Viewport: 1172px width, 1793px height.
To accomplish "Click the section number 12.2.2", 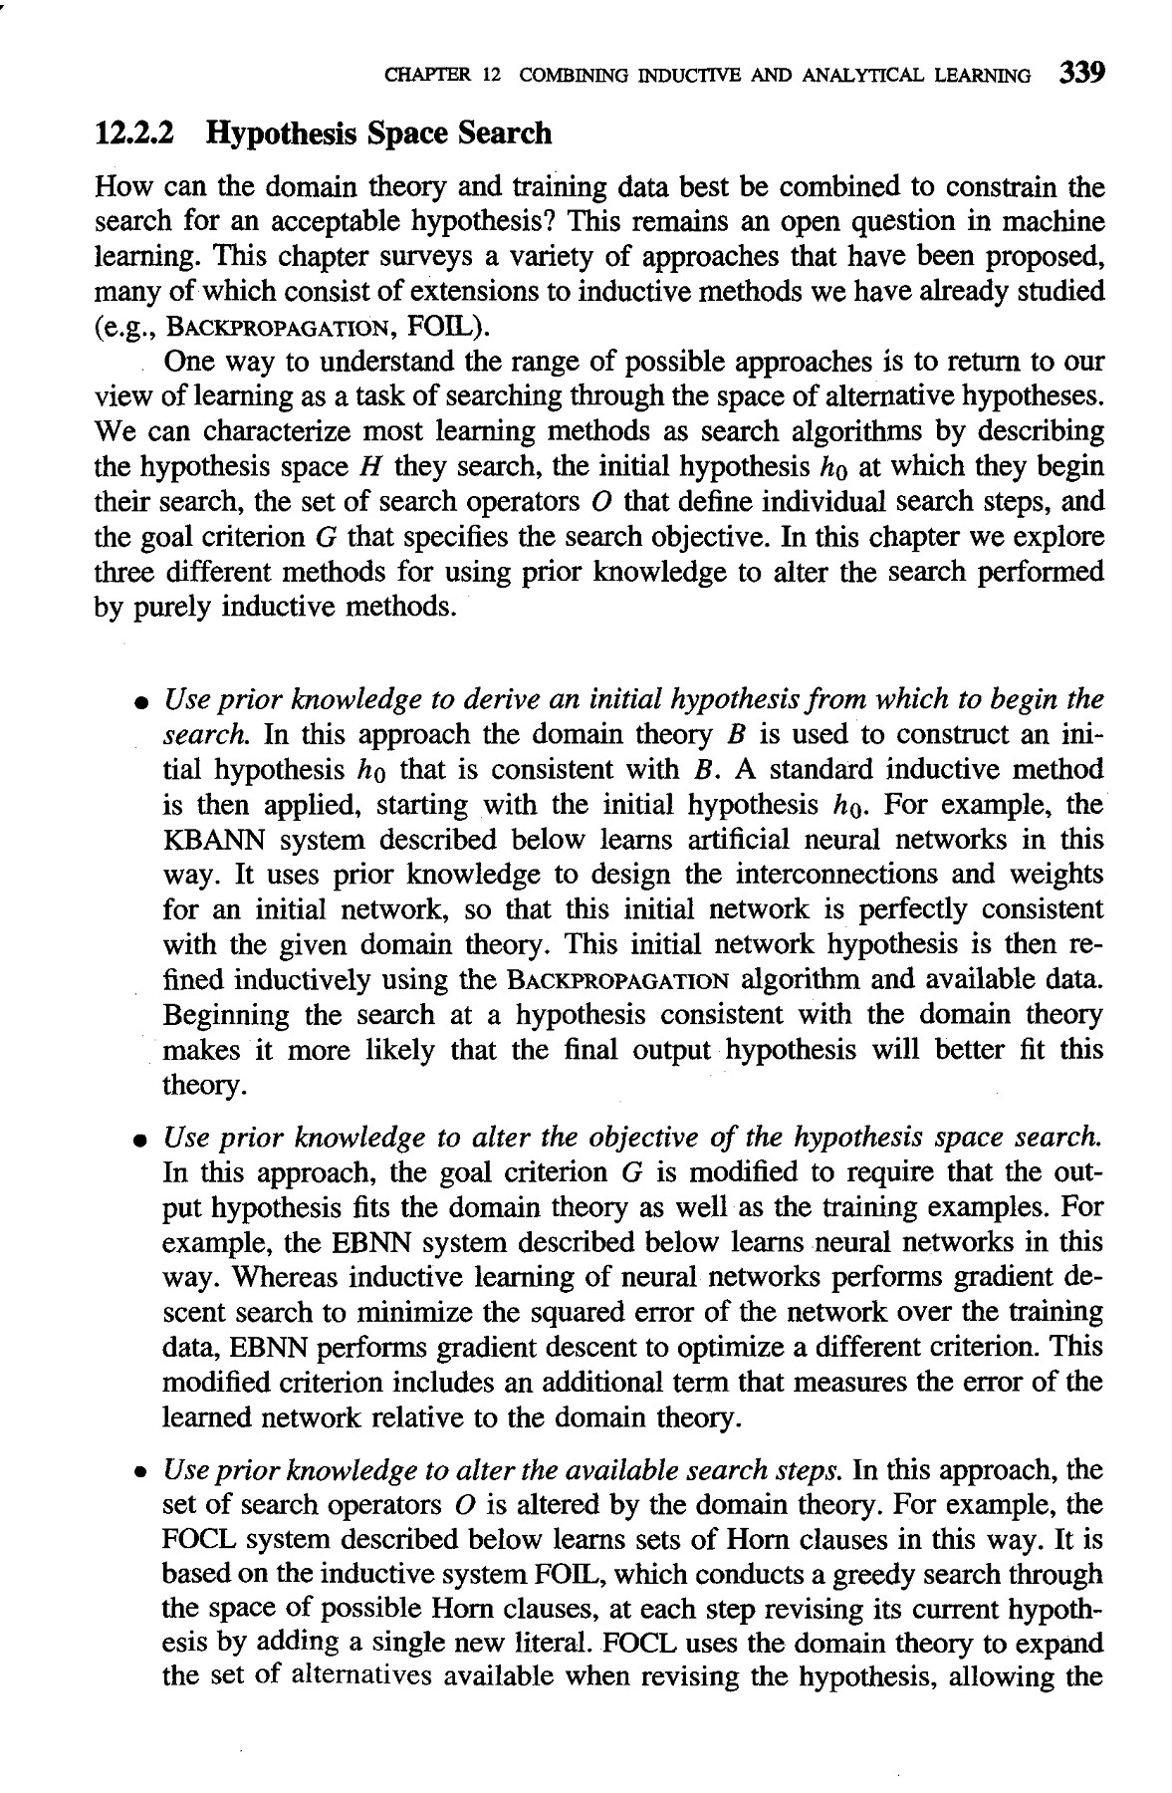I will tap(138, 133).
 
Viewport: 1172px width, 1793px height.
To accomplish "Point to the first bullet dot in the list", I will tap(143, 703).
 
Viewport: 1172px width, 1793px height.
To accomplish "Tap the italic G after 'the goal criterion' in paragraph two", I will tap(323, 538).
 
